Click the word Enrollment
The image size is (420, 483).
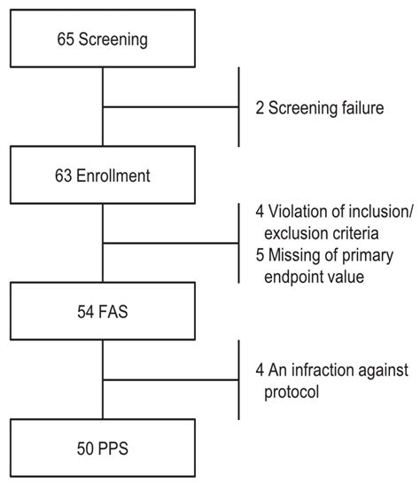click(113, 175)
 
